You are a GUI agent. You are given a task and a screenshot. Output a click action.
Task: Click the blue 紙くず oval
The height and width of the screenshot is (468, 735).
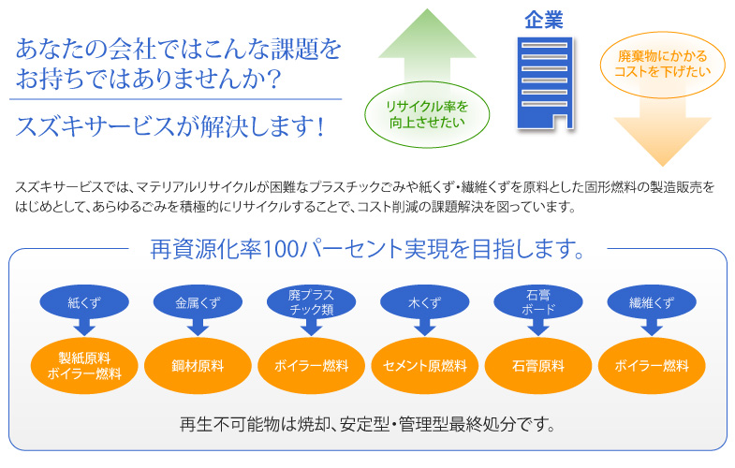(x=84, y=302)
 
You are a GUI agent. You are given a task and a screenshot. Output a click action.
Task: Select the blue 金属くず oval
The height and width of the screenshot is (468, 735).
(x=198, y=302)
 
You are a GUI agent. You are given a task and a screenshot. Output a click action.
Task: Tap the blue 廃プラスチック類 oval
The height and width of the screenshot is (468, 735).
(x=311, y=302)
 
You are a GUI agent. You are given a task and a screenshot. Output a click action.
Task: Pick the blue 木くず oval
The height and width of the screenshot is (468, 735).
(x=425, y=302)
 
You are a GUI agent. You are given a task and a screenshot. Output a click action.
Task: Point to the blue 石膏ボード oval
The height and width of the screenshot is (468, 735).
(x=538, y=302)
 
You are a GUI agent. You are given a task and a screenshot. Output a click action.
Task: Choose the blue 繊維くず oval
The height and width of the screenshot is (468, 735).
(x=652, y=302)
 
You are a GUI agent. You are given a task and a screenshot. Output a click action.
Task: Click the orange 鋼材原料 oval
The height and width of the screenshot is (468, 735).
(x=198, y=366)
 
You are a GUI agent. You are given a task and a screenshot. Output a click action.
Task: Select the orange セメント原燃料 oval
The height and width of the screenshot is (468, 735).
(x=425, y=366)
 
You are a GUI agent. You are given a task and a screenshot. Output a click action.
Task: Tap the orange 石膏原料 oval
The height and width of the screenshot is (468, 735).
(x=538, y=366)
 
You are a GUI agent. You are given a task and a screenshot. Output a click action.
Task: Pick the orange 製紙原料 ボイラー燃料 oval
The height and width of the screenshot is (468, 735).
(x=84, y=366)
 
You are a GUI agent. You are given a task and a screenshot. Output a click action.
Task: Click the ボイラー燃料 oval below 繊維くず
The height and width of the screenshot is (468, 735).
(x=652, y=366)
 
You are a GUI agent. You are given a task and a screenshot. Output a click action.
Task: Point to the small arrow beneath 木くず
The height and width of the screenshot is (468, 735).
(x=425, y=328)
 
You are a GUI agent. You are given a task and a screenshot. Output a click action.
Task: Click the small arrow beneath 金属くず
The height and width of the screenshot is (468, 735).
(x=198, y=328)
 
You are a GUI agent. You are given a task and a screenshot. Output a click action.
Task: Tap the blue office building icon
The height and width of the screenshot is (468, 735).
(x=545, y=83)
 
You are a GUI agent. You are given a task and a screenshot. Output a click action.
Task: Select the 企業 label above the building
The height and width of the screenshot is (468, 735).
(x=544, y=21)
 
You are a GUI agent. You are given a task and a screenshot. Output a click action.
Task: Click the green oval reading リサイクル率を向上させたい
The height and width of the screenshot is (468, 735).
(x=427, y=114)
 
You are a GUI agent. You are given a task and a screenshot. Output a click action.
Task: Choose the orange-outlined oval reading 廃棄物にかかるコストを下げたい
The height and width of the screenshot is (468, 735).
(x=662, y=65)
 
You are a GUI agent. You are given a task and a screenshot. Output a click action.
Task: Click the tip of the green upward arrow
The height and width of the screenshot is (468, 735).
(x=427, y=9)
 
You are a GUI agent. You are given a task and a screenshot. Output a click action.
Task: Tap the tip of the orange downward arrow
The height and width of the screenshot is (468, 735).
(x=662, y=166)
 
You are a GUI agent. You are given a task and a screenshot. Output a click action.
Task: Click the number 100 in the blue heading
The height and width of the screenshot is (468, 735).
(x=281, y=249)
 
